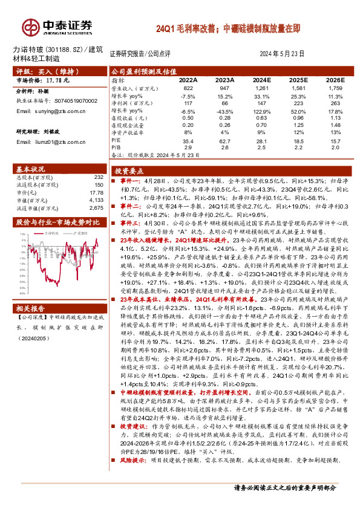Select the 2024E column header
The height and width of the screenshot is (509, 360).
point(261,80)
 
